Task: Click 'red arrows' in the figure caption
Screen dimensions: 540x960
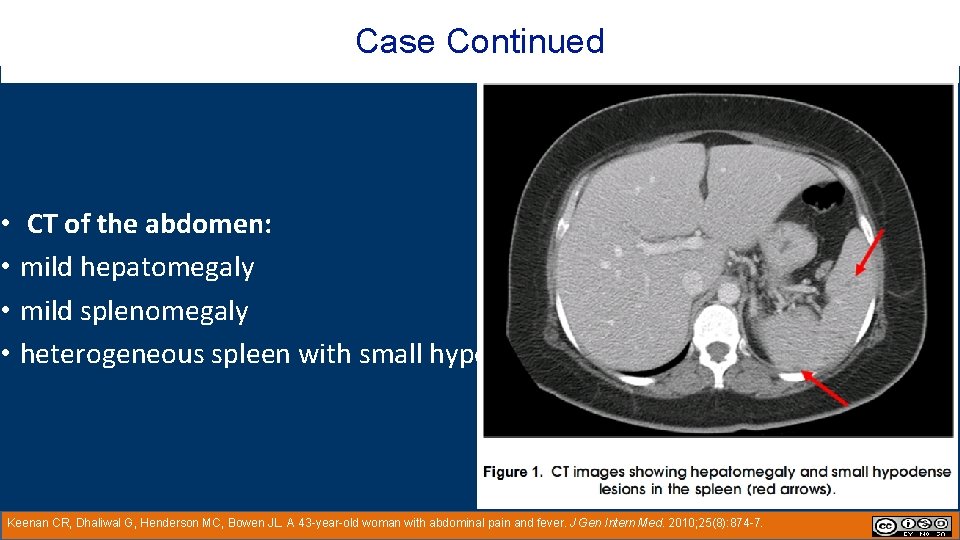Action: [x=789, y=489]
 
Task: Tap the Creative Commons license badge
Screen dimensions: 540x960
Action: [x=911, y=526]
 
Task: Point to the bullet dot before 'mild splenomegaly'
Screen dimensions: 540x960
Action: [x=6, y=311]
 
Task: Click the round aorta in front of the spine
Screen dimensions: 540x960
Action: [x=729, y=291]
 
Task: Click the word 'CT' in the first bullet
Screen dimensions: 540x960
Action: [x=42, y=224]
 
